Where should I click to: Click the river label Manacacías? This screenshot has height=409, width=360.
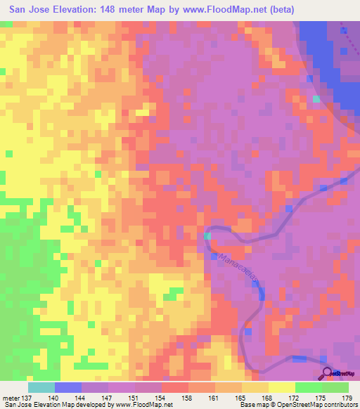tap(239, 272)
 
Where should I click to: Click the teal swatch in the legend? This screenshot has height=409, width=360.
tap(41, 387)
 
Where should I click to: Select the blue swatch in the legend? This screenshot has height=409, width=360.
tap(68, 387)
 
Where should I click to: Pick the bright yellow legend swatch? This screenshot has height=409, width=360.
tap(282, 387)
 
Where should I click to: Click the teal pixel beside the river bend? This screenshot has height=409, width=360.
tap(207, 237)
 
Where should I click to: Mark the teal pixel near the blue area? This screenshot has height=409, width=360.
tap(316, 98)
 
